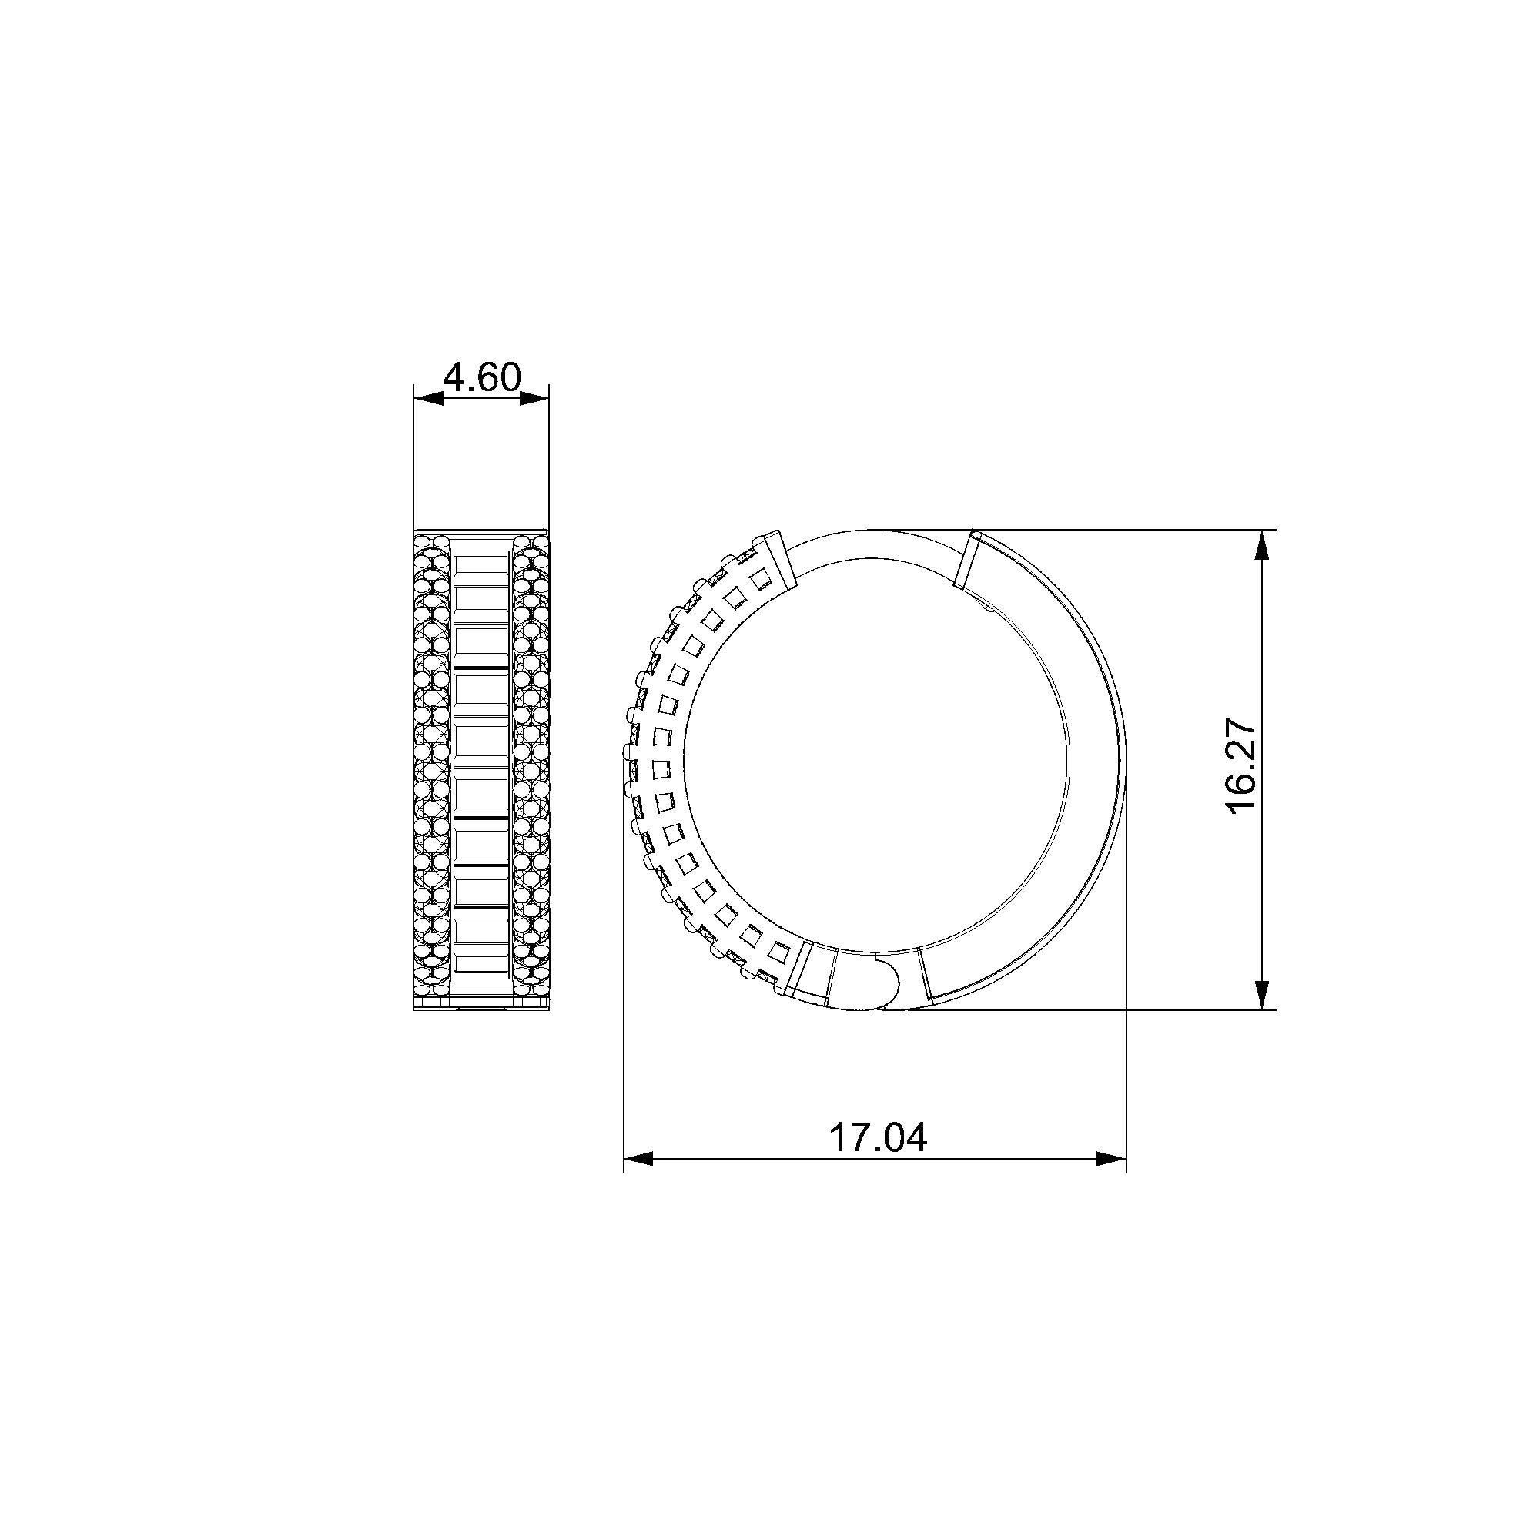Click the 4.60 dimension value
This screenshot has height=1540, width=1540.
click(x=481, y=377)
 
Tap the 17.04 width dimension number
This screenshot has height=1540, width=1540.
click(x=878, y=1137)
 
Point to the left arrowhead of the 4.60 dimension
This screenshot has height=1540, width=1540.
click(x=429, y=398)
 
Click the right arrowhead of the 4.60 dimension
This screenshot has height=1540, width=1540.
click(x=534, y=398)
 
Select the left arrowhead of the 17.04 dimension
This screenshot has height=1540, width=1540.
click(x=638, y=1158)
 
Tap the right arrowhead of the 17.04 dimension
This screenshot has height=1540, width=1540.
click(x=1111, y=1158)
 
